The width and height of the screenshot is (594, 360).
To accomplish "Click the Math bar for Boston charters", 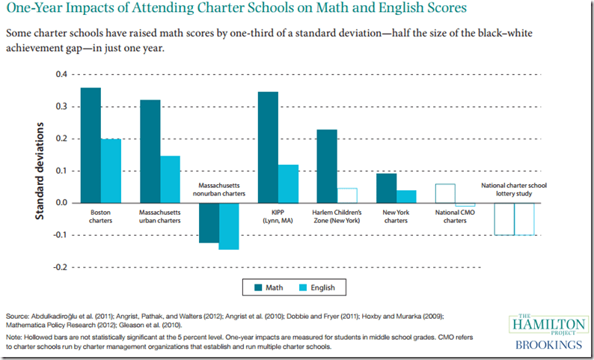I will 91,145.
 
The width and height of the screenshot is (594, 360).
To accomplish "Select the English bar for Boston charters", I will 111,171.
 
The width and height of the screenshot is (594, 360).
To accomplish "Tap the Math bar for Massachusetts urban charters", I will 150,151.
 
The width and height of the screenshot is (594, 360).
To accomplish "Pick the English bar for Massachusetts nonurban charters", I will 229,225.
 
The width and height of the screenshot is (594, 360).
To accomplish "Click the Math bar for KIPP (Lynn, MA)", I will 268,147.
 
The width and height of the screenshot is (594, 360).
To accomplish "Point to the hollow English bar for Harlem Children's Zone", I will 347,195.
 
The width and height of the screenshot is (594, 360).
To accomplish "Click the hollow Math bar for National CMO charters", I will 445,193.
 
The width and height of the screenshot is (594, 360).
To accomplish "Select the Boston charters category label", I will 100,217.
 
